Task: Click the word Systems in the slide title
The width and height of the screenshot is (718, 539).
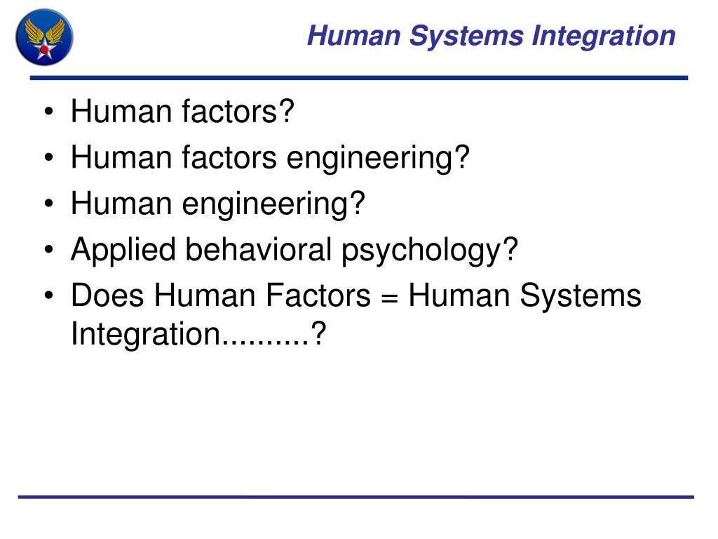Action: (x=466, y=36)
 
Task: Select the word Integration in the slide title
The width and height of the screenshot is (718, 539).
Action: (x=604, y=35)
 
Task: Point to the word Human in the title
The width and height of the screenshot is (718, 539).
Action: (x=354, y=35)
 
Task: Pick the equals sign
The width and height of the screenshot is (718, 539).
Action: (x=390, y=296)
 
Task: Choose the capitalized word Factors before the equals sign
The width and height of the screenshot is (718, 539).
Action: (x=318, y=295)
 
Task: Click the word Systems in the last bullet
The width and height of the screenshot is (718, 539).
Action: (x=581, y=296)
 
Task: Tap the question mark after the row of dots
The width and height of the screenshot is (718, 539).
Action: (x=319, y=334)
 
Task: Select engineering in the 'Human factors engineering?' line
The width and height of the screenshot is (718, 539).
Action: (x=377, y=159)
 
